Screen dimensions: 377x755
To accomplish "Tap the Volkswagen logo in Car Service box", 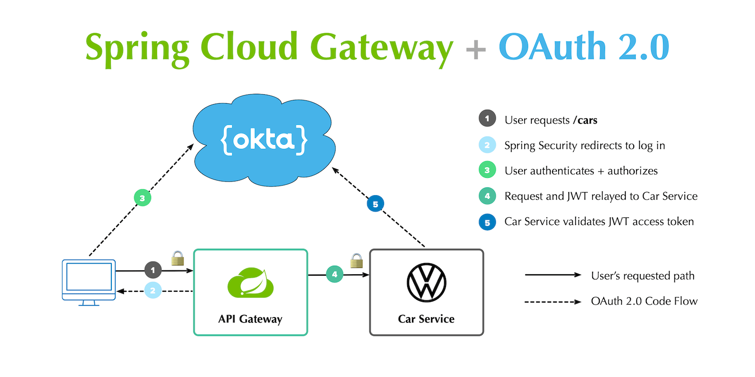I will [426, 283].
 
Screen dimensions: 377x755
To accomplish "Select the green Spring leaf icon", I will [251, 283].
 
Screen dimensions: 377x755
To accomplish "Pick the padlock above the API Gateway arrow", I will [177, 258].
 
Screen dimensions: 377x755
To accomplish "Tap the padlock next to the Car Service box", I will [357, 261].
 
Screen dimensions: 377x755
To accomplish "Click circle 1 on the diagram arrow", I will [153, 270].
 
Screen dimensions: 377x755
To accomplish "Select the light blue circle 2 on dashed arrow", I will [152, 290].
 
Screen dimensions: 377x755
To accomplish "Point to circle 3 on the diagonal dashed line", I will [142, 198].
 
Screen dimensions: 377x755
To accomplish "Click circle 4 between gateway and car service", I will [335, 274].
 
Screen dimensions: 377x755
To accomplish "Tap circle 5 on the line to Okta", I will [375, 204].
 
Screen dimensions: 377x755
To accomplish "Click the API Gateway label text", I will [250, 319].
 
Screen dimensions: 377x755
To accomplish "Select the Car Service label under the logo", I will [426, 319].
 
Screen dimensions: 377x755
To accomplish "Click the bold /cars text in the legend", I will [585, 120].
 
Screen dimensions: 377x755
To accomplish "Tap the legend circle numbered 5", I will [487, 222].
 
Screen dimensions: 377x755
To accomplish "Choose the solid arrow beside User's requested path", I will [553, 275].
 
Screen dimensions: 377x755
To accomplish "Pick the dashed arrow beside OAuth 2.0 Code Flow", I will [553, 302].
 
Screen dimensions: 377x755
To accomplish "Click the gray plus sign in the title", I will [476, 49].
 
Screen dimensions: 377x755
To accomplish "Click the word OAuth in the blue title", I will [552, 47].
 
